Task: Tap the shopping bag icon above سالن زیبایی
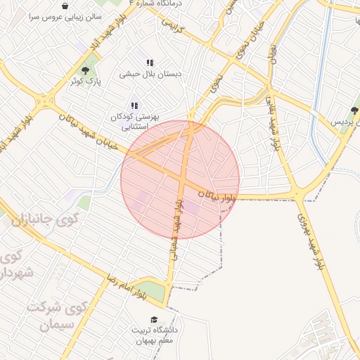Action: coord(65,6)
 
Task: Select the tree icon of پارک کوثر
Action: coord(86,70)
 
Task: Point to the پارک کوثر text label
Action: coord(84,82)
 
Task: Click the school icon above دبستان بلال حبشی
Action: coord(150,63)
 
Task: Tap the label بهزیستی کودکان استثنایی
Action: coord(136,122)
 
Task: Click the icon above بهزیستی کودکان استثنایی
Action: coord(135,105)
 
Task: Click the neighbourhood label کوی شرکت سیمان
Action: coord(56,317)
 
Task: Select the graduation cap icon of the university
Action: coord(154,321)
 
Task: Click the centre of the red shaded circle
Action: coord(180,179)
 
